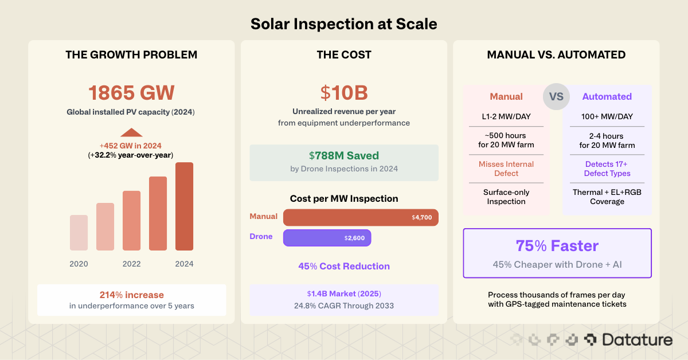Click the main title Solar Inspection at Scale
(x=344, y=24)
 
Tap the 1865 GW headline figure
(x=131, y=93)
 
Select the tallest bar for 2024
(x=184, y=206)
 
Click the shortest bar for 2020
(x=79, y=233)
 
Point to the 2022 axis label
(x=131, y=264)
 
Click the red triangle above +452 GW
(x=131, y=132)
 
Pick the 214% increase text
(x=131, y=295)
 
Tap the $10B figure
(x=344, y=93)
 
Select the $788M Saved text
(x=344, y=155)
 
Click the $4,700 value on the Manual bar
(x=421, y=218)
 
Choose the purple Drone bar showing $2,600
(x=327, y=237)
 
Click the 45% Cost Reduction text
(x=344, y=266)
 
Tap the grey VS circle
(x=556, y=96)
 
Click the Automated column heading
(x=607, y=96)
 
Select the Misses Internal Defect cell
(x=506, y=169)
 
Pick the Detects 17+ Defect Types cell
(x=607, y=169)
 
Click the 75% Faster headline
(x=557, y=246)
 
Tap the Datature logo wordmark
(x=636, y=340)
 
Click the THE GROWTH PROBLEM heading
(x=131, y=55)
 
